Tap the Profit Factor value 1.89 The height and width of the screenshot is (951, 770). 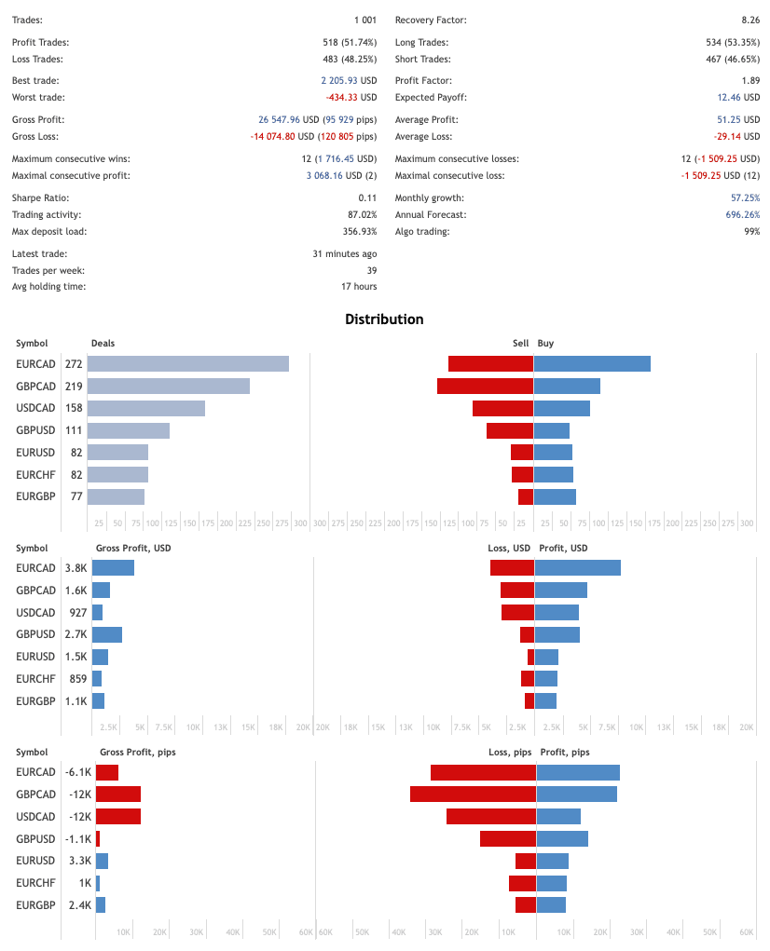(x=750, y=81)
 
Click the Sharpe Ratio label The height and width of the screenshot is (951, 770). (x=40, y=198)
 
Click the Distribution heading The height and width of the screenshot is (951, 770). (x=384, y=319)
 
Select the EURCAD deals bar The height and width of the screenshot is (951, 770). (x=188, y=364)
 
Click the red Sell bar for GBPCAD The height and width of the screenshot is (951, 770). (x=485, y=386)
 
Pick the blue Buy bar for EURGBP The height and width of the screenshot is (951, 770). (x=556, y=496)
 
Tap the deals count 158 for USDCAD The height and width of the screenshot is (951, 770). (x=74, y=408)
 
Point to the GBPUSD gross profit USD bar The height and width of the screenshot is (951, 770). (x=107, y=634)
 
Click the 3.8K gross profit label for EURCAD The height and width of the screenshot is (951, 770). (x=76, y=567)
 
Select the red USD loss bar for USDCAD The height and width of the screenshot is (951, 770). (x=517, y=612)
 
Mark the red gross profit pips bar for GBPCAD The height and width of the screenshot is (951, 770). (x=118, y=795)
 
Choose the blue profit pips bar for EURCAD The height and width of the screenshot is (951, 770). (x=578, y=772)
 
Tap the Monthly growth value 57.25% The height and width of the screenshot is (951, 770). (x=745, y=198)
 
